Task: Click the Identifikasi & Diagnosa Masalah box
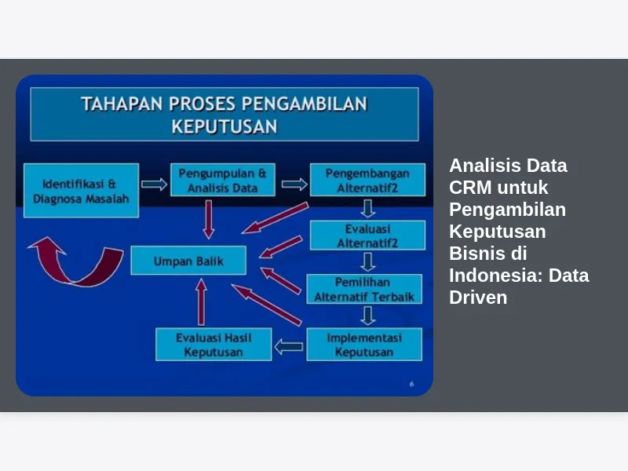pyautogui.click(x=82, y=191)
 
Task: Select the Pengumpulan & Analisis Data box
pyautogui.click(x=223, y=180)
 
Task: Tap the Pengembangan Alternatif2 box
pyautogui.click(x=367, y=180)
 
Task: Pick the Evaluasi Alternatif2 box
pyautogui.click(x=367, y=235)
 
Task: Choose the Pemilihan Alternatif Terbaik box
pyautogui.click(x=364, y=289)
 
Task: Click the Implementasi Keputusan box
pyautogui.click(x=364, y=345)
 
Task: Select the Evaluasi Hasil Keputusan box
pyautogui.click(x=214, y=345)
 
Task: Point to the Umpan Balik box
pyautogui.click(x=188, y=261)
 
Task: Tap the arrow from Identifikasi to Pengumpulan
pyautogui.click(x=154, y=184)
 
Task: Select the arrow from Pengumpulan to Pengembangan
pyautogui.click(x=294, y=184)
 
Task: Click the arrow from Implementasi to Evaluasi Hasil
pyautogui.click(x=289, y=346)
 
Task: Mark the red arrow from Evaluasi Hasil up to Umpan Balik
pyautogui.click(x=202, y=301)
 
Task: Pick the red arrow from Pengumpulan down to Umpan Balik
pyautogui.click(x=208, y=220)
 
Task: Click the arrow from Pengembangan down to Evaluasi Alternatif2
pyautogui.click(x=367, y=209)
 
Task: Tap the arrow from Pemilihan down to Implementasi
pyautogui.click(x=367, y=316)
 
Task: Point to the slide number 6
pyautogui.click(x=411, y=384)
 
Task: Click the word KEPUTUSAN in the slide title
pyautogui.click(x=225, y=126)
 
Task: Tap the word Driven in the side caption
pyautogui.click(x=478, y=298)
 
